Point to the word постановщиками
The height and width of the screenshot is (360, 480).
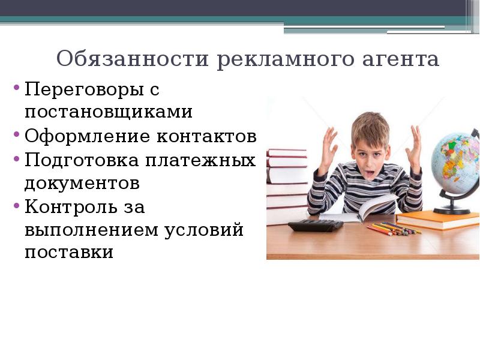[x=109, y=112]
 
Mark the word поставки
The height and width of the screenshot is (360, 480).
[x=69, y=252]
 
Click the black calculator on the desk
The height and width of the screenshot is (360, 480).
[x=314, y=225]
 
